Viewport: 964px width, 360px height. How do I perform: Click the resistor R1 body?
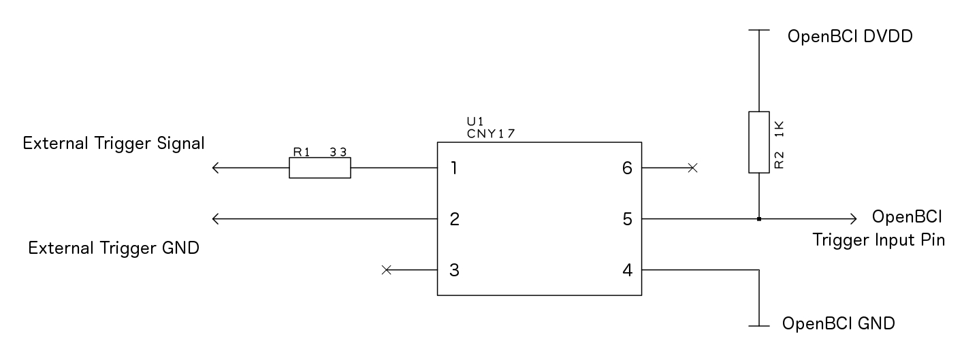click(320, 167)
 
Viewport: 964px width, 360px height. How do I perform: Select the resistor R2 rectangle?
click(758, 142)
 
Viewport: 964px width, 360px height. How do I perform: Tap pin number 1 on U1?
click(453, 167)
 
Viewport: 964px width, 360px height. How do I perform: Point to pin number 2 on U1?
click(455, 219)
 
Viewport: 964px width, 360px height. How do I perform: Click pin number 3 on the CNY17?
click(455, 270)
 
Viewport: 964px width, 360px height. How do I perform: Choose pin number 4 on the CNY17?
click(628, 270)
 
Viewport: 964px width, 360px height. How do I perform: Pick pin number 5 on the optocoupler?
click(628, 219)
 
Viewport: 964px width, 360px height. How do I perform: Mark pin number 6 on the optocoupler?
click(628, 167)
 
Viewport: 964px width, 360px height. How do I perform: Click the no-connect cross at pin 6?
click(692, 167)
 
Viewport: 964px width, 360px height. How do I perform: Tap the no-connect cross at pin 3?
click(387, 270)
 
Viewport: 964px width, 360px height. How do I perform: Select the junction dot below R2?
click(758, 219)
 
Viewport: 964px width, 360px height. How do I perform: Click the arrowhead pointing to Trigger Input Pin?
click(853, 219)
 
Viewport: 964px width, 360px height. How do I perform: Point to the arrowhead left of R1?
click(216, 167)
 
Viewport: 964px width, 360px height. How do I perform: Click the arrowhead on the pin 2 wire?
click(216, 219)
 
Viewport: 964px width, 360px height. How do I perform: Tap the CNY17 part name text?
click(491, 134)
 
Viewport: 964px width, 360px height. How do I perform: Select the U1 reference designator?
click(475, 121)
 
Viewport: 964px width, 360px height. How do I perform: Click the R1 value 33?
click(338, 152)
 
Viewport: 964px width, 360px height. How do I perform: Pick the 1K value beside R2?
click(779, 129)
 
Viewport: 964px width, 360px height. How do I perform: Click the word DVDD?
click(888, 37)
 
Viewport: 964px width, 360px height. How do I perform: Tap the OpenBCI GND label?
click(838, 323)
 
